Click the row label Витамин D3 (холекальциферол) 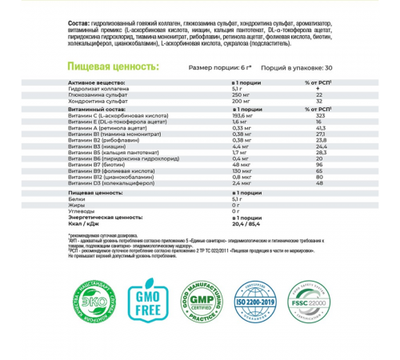(112, 184)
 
